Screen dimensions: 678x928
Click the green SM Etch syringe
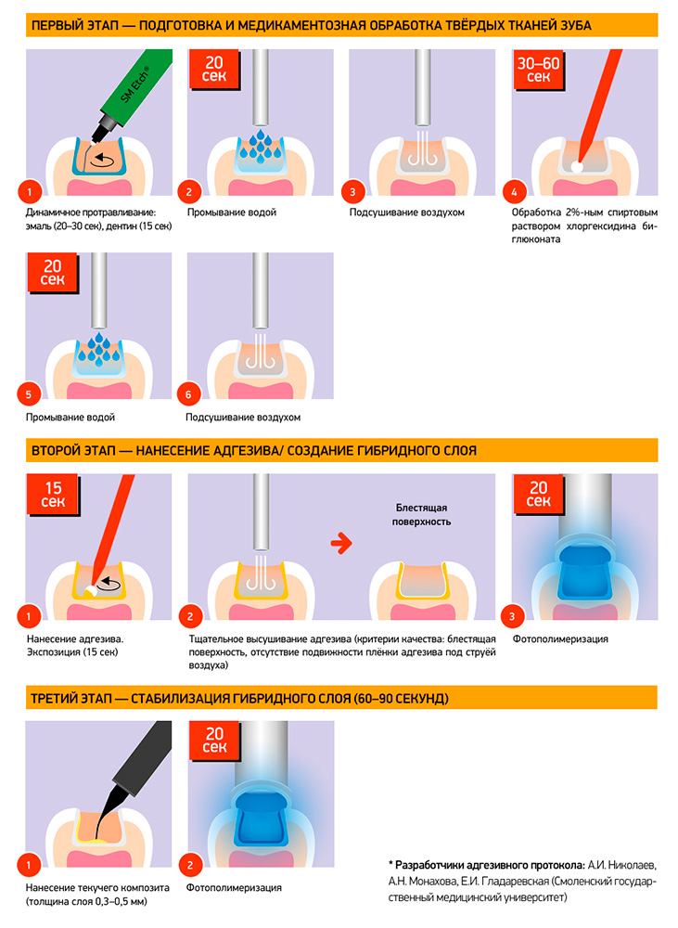[134, 89]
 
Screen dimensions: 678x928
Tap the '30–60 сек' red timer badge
[538, 70]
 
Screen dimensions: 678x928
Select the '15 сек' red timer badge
[53, 495]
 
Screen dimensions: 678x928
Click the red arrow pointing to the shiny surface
[341, 543]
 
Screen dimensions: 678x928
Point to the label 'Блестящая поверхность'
[421, 515]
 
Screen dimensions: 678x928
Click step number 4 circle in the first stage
[514, 192]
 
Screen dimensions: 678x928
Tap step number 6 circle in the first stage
[188, 394]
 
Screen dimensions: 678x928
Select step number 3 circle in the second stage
[512, 617]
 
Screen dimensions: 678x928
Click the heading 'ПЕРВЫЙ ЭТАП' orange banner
[341, 25]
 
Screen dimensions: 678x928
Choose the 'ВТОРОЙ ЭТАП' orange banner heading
[341, 450]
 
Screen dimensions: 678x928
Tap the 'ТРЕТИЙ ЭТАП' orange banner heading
[341, 698]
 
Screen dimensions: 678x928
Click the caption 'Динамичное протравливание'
[90, 213]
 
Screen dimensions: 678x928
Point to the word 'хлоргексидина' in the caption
[600, 226]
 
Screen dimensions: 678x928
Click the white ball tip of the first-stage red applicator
[576, 167]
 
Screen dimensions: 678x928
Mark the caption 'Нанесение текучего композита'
[97, 888]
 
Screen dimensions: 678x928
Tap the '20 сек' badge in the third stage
[214, 741]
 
